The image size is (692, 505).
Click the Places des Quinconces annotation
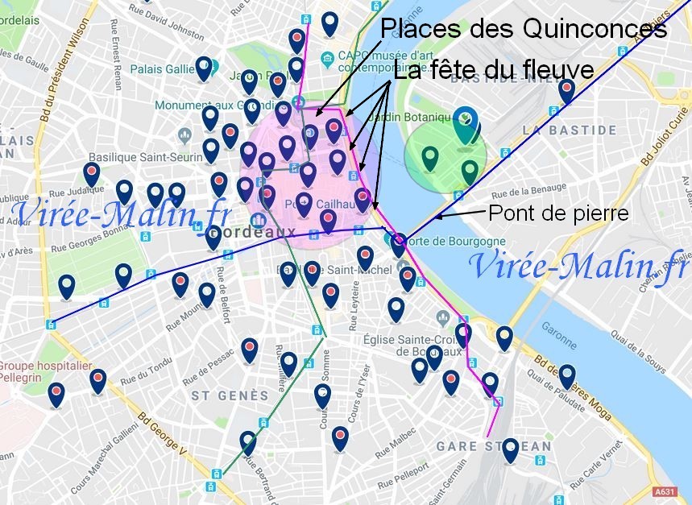point(524,29)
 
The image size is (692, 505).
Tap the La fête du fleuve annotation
point(494,70)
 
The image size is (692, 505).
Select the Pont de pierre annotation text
point(558,213)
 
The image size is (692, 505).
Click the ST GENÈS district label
point(230,395)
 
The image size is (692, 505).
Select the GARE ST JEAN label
point(494,445)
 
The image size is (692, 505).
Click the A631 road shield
point(665,491)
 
